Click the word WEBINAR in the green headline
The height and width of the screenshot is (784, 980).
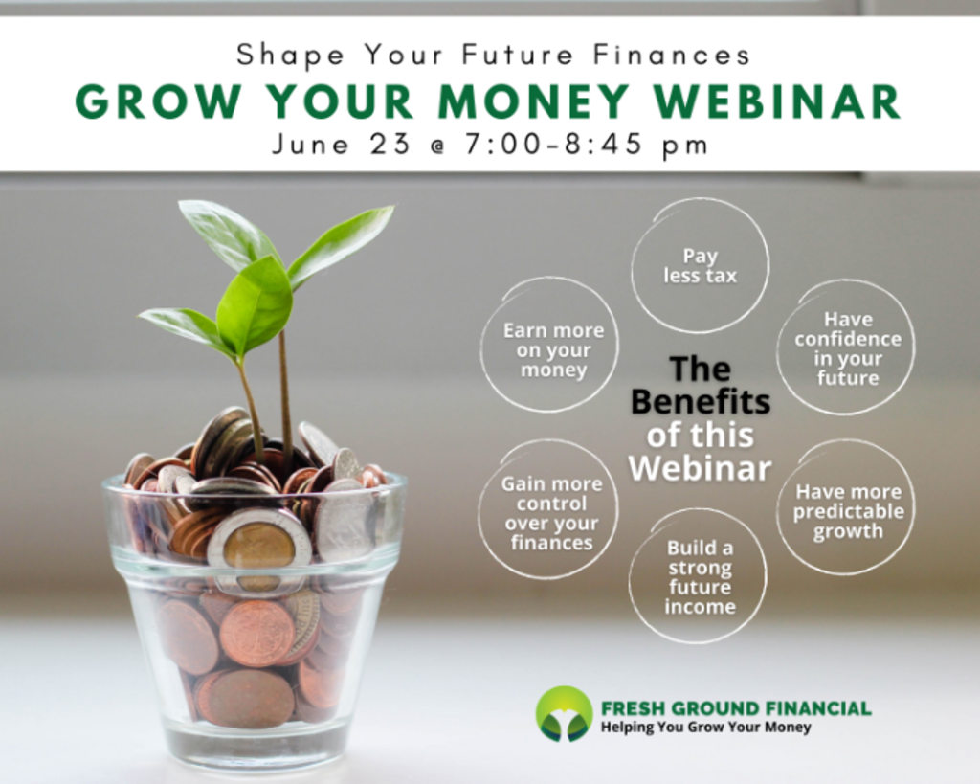point(777,101)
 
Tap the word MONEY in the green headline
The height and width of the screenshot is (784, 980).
point(533,101)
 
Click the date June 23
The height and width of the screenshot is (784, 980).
point(342,145)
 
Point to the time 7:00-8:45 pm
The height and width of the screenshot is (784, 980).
point(587,145)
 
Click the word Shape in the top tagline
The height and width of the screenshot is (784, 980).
point(290,55)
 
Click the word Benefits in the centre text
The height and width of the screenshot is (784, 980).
point(701,401)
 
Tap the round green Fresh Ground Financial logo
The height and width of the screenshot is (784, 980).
point(564,714)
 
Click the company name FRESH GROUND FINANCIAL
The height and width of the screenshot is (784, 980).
point(736,708)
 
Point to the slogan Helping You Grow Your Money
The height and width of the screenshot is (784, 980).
point(705,728)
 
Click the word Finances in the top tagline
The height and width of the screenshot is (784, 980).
point(672,55)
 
